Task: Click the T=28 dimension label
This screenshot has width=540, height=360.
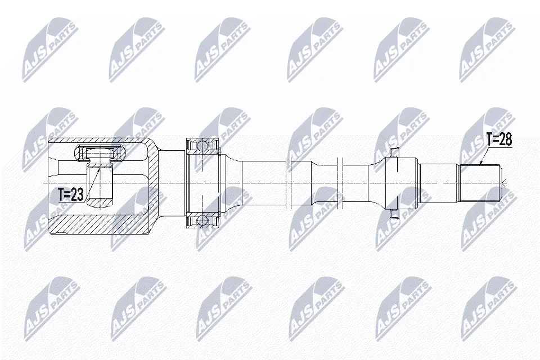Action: pos(499,139)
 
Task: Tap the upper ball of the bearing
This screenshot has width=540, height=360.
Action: pos(202,145)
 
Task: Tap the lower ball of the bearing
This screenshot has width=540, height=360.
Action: pos(202,220)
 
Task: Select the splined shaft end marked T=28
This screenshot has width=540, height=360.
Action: pos(480,183)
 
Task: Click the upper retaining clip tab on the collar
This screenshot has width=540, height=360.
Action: pos(393,151)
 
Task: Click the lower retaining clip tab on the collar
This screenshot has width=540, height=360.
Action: pos(393,214)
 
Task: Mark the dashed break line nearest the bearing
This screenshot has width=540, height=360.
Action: pos(289,183)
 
